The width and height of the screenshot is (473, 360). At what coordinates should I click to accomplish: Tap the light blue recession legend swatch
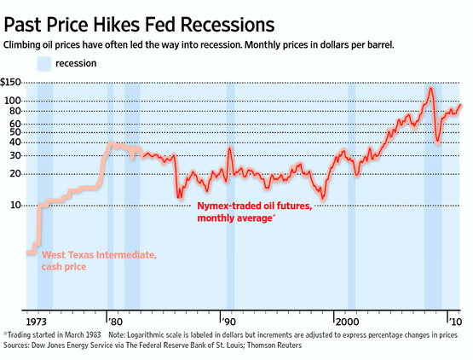point(44,62)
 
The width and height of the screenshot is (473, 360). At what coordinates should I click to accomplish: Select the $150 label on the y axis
point(14,82)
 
